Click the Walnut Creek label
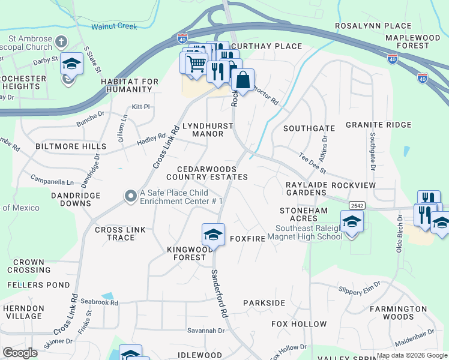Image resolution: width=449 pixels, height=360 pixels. pos(114,27)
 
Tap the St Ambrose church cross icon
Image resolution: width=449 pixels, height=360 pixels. pos(61,42)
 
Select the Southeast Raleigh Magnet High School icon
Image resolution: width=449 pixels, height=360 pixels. pos(352,221)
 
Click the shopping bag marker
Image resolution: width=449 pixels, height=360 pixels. pos(243,80)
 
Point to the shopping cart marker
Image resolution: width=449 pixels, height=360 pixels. pos(196,63)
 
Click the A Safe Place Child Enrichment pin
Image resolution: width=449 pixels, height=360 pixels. pos(130,196)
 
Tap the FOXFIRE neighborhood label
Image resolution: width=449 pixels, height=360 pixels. pos(247,239)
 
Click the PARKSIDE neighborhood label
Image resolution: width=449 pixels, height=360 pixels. pos(264,303)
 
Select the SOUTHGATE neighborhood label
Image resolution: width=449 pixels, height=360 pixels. pos(309,128)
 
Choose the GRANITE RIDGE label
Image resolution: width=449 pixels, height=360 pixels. pos(378,125)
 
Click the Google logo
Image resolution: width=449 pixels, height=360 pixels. pos(20,353)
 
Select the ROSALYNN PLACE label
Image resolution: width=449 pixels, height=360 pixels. pos(373,26)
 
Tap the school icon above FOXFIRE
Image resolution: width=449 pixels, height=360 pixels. pos(213,235)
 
